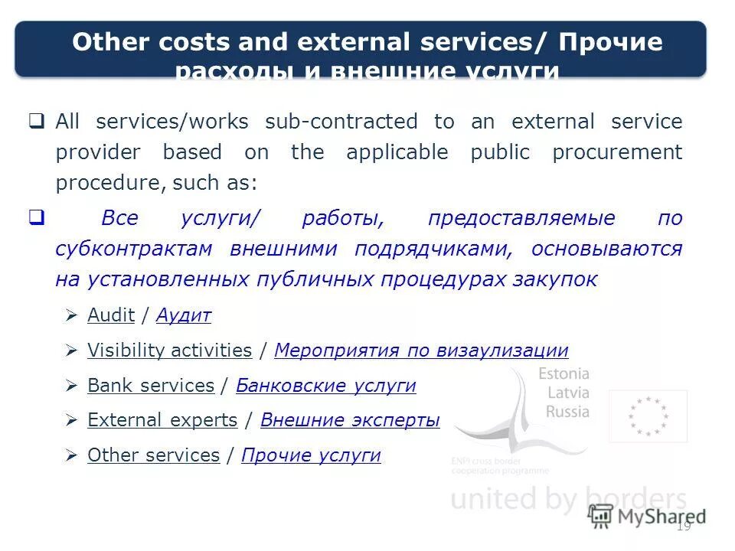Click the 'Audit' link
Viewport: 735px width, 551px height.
point(111,315)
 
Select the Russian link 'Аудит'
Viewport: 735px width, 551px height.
point(184,315)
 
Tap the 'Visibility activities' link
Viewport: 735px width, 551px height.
point(169,350)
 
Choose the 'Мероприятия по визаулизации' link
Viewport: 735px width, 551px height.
point(421,350)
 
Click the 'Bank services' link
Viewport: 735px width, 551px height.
point(151,386)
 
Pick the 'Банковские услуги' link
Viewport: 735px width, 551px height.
point(326,386)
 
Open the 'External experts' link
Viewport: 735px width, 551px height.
point(162,420)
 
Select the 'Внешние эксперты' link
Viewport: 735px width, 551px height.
point(350,420)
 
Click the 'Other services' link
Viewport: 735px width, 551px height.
point(153,455)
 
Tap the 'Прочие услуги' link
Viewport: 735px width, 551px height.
point(311,455)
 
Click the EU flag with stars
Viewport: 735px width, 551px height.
point(648,416)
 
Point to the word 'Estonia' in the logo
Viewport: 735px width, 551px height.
point(563,374)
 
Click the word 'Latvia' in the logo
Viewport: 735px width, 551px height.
point(567,393)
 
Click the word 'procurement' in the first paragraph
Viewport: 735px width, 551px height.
point(616,152)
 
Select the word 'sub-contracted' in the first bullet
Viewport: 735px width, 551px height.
point(341,122)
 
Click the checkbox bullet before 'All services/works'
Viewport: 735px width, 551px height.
point(36,121)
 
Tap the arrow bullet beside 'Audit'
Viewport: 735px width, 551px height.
point(71,315)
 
